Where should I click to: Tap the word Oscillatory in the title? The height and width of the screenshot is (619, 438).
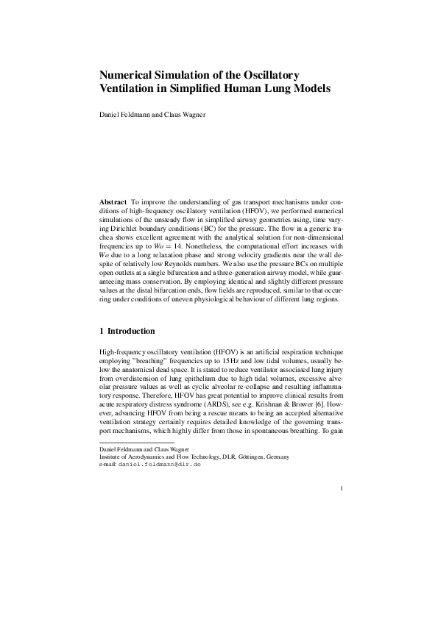264,75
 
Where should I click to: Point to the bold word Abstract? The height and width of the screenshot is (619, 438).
113,201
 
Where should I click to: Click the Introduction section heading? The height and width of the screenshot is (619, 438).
131,332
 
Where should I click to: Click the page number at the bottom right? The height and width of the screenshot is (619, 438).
342,487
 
